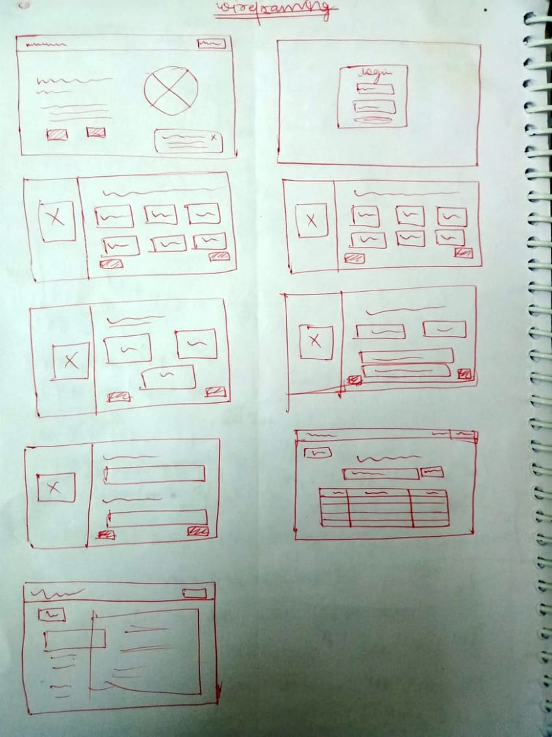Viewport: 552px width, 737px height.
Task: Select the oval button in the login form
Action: click(x=374, y=120)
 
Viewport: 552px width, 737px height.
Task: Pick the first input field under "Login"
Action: click(x=375, y=89)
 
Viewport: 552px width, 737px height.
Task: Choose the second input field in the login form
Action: click(x=374, y=107)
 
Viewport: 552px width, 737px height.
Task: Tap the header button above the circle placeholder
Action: click(x=211, y=44)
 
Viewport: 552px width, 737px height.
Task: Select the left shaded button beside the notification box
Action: click(x=56, y=135)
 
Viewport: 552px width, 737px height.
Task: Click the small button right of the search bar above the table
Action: click(x=432, y=472)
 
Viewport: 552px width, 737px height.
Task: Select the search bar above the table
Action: click(x=381, y=474)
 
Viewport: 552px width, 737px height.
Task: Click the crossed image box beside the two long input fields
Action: click(x=56, y=487)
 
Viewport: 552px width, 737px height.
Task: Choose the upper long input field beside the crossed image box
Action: click(x=155, y=474)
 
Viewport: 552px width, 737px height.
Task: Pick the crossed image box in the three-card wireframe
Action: click(x=71, y=361)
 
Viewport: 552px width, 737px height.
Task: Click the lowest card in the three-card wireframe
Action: click(x=168, y=377)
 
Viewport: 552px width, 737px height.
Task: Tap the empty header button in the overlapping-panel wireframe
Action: click(x=194, y=593)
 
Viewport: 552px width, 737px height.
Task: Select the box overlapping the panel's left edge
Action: click(x=75, y=640)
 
